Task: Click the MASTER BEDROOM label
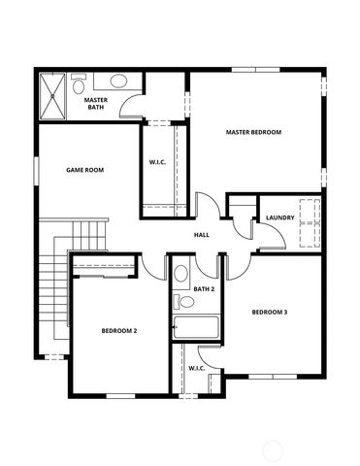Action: click(253, 132)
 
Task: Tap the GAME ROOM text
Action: click(84, 170)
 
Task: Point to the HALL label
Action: click(202, 236)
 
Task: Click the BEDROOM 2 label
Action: click(119, 331)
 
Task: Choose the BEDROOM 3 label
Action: click(269, 312)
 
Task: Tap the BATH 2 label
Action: click(204, 289)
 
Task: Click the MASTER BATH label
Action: click(95, 103)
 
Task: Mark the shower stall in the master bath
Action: click(54, 95)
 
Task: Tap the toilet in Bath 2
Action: click(181, 274)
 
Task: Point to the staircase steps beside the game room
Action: click(88, 234)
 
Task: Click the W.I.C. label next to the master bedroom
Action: click(159, 161)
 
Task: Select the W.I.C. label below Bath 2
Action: click(195, 368)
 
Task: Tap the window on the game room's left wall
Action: click(37, 169)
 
